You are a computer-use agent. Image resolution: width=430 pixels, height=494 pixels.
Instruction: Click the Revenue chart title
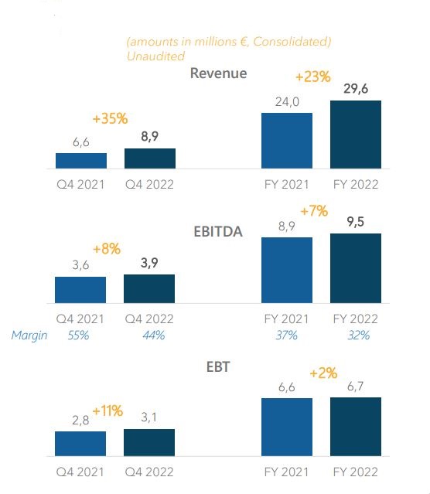click(218, 73)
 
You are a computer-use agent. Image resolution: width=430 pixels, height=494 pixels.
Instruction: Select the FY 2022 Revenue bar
click(356, 135)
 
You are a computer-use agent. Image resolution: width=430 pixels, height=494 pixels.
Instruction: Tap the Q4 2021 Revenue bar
click(81, 161)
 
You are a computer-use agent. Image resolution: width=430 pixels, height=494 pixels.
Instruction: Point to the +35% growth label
click(111, 119)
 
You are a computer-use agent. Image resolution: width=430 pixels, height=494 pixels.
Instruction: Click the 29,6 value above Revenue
click(356, 89)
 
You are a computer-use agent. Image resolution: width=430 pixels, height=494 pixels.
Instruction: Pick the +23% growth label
click(313, 77)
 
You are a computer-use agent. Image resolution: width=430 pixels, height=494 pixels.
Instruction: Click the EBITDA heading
click(218, 232)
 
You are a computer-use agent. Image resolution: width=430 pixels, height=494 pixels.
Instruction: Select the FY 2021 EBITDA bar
click(287, 271)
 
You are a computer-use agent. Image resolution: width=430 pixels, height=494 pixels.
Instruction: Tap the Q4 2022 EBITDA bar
click(149, 289)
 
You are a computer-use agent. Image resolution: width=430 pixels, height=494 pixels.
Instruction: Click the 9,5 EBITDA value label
click(356, 222)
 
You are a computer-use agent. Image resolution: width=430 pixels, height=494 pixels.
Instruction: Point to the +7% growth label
click(314, 211)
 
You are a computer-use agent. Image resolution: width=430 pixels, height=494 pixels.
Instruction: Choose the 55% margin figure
click(78, 336)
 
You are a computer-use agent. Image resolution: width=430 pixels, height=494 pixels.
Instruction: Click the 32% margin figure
click(359, 336)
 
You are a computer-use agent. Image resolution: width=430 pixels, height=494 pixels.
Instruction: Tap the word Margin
click(29, 336)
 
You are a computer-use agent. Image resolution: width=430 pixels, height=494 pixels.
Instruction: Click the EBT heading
click(218, 367)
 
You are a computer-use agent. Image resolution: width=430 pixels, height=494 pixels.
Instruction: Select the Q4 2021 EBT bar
click(80, 444)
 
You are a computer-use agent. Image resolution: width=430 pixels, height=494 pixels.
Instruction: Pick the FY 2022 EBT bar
click(356, 427)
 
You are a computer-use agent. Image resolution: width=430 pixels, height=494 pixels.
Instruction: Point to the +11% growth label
click(107, 411)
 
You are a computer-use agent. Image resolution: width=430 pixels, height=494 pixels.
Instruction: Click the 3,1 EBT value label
click(148, 417)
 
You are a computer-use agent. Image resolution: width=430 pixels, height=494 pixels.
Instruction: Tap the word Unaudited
click(155, 56)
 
